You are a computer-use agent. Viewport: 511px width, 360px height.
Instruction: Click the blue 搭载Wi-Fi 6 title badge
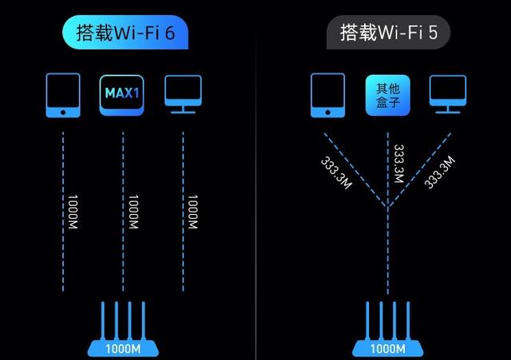(x=125, y=33)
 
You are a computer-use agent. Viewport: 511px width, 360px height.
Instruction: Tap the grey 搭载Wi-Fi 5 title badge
(x=388, y=33)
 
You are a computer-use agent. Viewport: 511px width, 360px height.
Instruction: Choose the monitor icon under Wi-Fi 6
(x=183, y=93)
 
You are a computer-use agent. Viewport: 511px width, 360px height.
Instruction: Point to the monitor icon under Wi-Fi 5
(x=447, y=93)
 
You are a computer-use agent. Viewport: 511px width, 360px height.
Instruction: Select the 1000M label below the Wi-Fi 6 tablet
(x=69, y=213)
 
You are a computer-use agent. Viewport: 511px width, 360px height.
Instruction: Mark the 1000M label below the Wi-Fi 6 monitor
(x=189, y=213)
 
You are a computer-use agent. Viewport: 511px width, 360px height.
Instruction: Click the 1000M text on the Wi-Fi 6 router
(x=123, y=348)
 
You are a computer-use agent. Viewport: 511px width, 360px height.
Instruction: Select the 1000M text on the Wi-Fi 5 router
(x=387, y=348)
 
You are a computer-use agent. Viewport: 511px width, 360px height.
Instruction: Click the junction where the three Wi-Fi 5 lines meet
(x=387, y=209)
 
